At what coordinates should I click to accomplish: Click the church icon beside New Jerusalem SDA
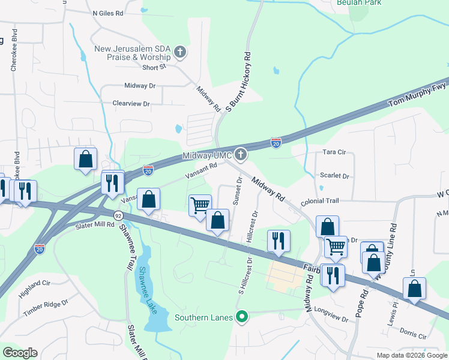point(179,52)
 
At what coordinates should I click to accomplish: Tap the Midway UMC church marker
point(241,155)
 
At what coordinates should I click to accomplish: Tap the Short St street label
point(154,67)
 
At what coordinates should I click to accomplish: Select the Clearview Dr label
point(131,104)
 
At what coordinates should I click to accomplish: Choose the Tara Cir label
point(335,152)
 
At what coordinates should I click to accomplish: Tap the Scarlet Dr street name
point(335,176)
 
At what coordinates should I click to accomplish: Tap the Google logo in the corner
point(20,353)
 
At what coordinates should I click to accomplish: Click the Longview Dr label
point(331,314)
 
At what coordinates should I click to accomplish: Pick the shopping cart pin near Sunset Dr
point(200,205)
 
